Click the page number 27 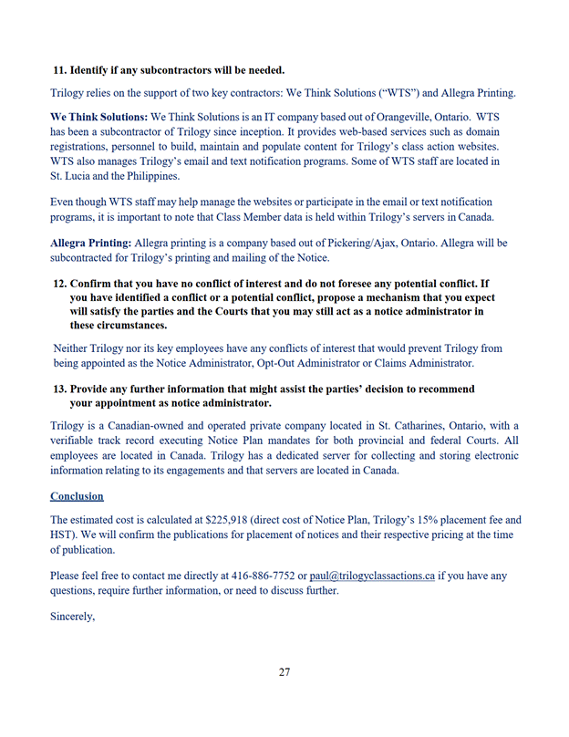(284, 672)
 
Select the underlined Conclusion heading (77, 496)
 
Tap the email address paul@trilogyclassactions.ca (372, 576)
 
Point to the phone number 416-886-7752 (269, 576)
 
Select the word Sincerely (72, 616)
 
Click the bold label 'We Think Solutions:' (98, 119)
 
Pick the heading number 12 (62, 283)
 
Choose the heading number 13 (62, 389)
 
